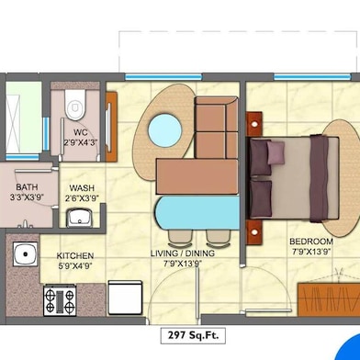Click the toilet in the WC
tap(74, 105)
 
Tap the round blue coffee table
tap(165, 130)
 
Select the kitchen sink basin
tap(26, 253)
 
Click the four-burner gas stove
tap(60, 300)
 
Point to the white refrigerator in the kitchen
tap(125, 298)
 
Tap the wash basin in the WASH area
tap(79, 218)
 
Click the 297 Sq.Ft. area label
tap(193, 335)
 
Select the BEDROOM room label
tap(311, 242)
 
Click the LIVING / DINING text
tap(183, 253)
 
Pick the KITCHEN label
tap(75, 255)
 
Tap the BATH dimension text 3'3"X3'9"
tap(27, 197)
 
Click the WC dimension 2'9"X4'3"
tap(81, 142)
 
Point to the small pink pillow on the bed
tap(276, 152)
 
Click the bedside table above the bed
tap(254, 124)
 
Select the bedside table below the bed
tap(254, 231)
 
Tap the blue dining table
tap(197, 213)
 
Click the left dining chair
tap(181, 238)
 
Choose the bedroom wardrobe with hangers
tap(329, 299)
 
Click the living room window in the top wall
tap(163, 77)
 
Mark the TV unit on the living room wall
tap(111, 127)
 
